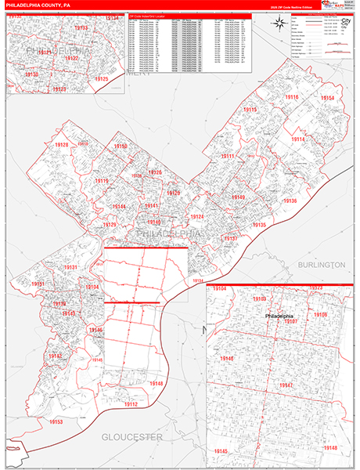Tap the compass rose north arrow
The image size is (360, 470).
279,24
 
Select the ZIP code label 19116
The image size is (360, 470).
292,96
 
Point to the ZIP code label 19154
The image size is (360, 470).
327,98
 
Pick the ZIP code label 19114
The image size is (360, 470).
297,139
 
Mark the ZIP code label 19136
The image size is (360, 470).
290,201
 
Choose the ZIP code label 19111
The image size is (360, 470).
228,157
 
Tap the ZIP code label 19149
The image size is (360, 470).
239,197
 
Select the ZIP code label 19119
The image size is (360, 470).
101,181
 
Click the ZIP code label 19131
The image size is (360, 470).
71,268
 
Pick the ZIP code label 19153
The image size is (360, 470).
56,422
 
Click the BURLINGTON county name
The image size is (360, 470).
321,266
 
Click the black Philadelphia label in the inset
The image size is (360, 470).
281,314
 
